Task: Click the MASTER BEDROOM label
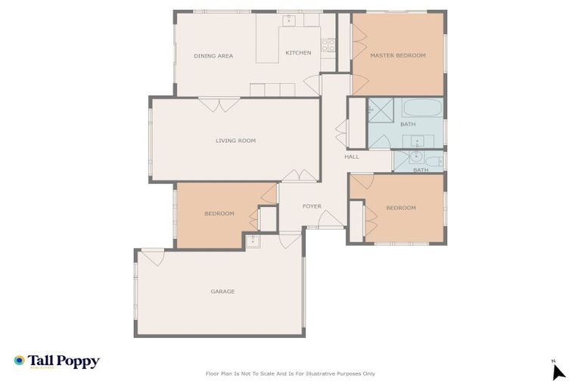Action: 397,55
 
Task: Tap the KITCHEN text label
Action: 298,53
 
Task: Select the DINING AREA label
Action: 213,56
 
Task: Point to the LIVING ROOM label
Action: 235,141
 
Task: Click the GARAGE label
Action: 222,291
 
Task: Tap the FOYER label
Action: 312,206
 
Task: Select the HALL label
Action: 352,156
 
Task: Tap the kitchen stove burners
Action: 328,44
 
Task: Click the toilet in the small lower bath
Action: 433,160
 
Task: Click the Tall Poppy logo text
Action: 64,361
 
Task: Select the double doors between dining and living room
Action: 219,104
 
